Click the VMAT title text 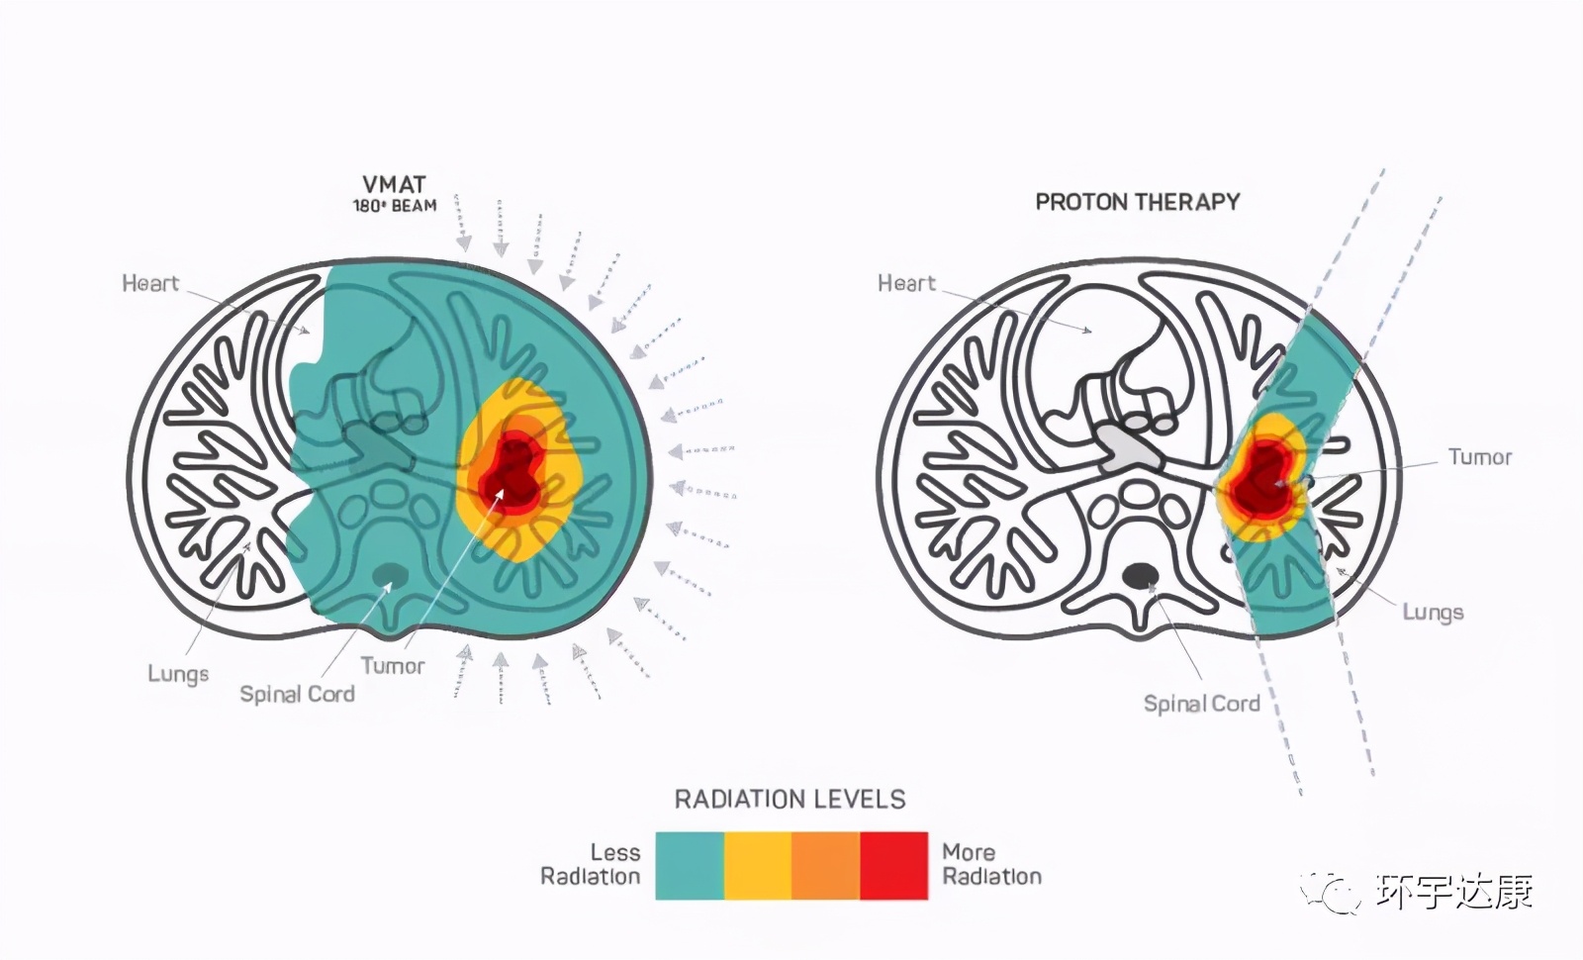[394, 184]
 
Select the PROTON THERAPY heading [1137, 202]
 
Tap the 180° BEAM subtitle [395, 206]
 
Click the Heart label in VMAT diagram [150, 283]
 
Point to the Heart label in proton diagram [906, 283]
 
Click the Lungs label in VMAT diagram [178, 674]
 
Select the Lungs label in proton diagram [1433, 613]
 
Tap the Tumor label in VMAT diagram [393, 666]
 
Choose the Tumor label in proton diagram [1480, 457]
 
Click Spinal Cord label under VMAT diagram [298, 694]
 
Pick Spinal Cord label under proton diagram [1202, 704]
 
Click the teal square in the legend [690, 866]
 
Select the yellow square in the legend [758, 866]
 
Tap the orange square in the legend [826, 866]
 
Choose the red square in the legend [894, 866]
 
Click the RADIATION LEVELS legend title [791, 800]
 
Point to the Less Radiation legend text [591, 865]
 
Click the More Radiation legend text [992, 865]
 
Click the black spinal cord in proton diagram [1140, 575]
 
